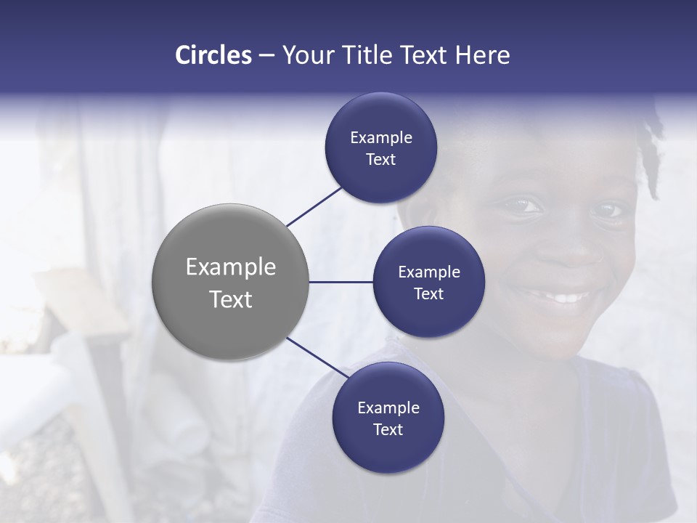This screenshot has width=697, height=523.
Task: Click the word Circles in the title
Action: (x=213, y=55)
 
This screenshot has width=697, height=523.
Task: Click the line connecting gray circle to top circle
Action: (x=314, y=206)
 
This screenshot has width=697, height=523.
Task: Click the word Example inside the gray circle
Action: (x=231, y=267)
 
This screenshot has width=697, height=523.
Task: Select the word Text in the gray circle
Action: (x=231, y=299)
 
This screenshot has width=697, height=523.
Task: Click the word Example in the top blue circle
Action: (x=380, y=138)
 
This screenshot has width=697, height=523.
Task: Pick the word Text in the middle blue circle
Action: (x=428, y=294)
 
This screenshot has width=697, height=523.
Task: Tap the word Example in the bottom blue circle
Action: (x=388, y=408)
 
